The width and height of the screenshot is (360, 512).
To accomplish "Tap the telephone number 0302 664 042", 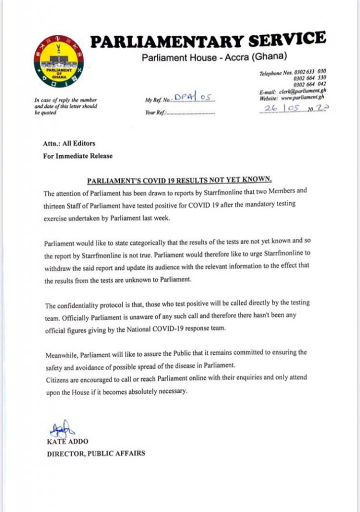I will point(309,84).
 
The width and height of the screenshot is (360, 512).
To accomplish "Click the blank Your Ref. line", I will point(192,113).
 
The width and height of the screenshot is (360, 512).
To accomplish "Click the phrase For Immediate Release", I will point(77,155).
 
